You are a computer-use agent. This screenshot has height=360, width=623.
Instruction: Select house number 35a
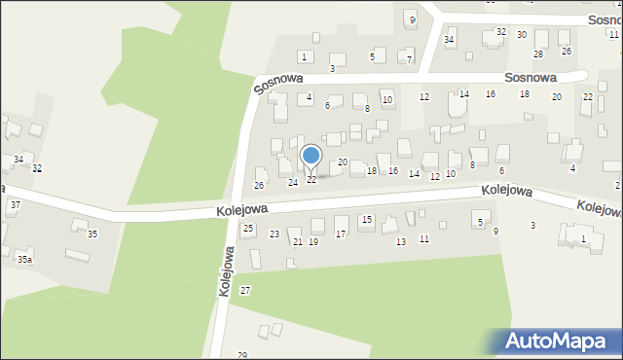point(24,260)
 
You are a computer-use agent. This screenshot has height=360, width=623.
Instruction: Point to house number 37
point(15,205)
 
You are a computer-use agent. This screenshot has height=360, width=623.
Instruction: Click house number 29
point(242,355)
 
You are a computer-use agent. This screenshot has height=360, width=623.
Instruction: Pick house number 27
point(245,291)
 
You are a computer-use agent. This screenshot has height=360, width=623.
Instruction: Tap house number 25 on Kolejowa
point(248,229)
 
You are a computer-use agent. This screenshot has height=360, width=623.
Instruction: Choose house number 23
point(275,234)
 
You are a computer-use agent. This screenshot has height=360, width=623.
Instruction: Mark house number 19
point(312,241)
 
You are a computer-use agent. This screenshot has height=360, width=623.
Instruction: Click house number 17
point(340,234)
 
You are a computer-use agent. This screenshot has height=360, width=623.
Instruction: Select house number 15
point(366,220)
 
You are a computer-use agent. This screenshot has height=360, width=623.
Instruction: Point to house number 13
point(400,241)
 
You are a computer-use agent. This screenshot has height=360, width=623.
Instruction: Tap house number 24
point(292,183)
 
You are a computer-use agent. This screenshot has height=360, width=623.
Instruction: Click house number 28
point(537,54)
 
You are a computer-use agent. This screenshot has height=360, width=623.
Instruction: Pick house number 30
point(522,35)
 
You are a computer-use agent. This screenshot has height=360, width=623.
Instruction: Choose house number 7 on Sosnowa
point(410,60)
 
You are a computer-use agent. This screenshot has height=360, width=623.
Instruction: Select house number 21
point(298,242)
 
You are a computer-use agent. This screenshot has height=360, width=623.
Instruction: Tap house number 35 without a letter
point(92,234)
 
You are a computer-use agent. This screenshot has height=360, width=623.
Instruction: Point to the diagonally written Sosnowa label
point(278,83)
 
